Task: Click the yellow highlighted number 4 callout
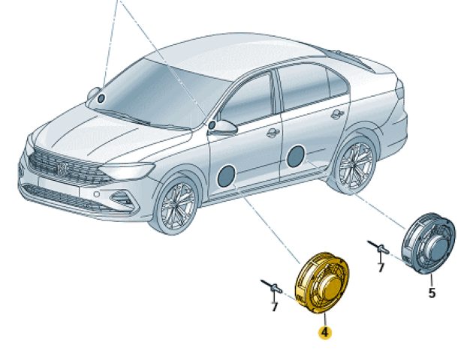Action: tap(325, 332)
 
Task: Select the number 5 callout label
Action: tap(432, 292)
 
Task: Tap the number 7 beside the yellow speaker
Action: tap(274, 307)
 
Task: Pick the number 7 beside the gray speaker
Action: tap(381, 268)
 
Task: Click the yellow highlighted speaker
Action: tap(322, 283)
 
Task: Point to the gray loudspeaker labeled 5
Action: tap(429, 244)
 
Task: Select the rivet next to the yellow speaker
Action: tap(272, 286)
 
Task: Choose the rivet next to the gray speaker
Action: tap(378, 247)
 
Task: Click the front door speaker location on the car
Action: tap(226, 176)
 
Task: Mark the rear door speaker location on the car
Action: tap(296, 156)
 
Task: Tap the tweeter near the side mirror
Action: tap(212, 125)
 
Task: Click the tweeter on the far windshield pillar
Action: tap(101, 98)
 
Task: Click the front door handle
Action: tap(273, 132)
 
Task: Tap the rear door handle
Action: tap(338, 114)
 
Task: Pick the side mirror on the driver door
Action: tap(224, 127)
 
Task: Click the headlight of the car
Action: tap(126, 170)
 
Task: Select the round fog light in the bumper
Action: tap(97, 194)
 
